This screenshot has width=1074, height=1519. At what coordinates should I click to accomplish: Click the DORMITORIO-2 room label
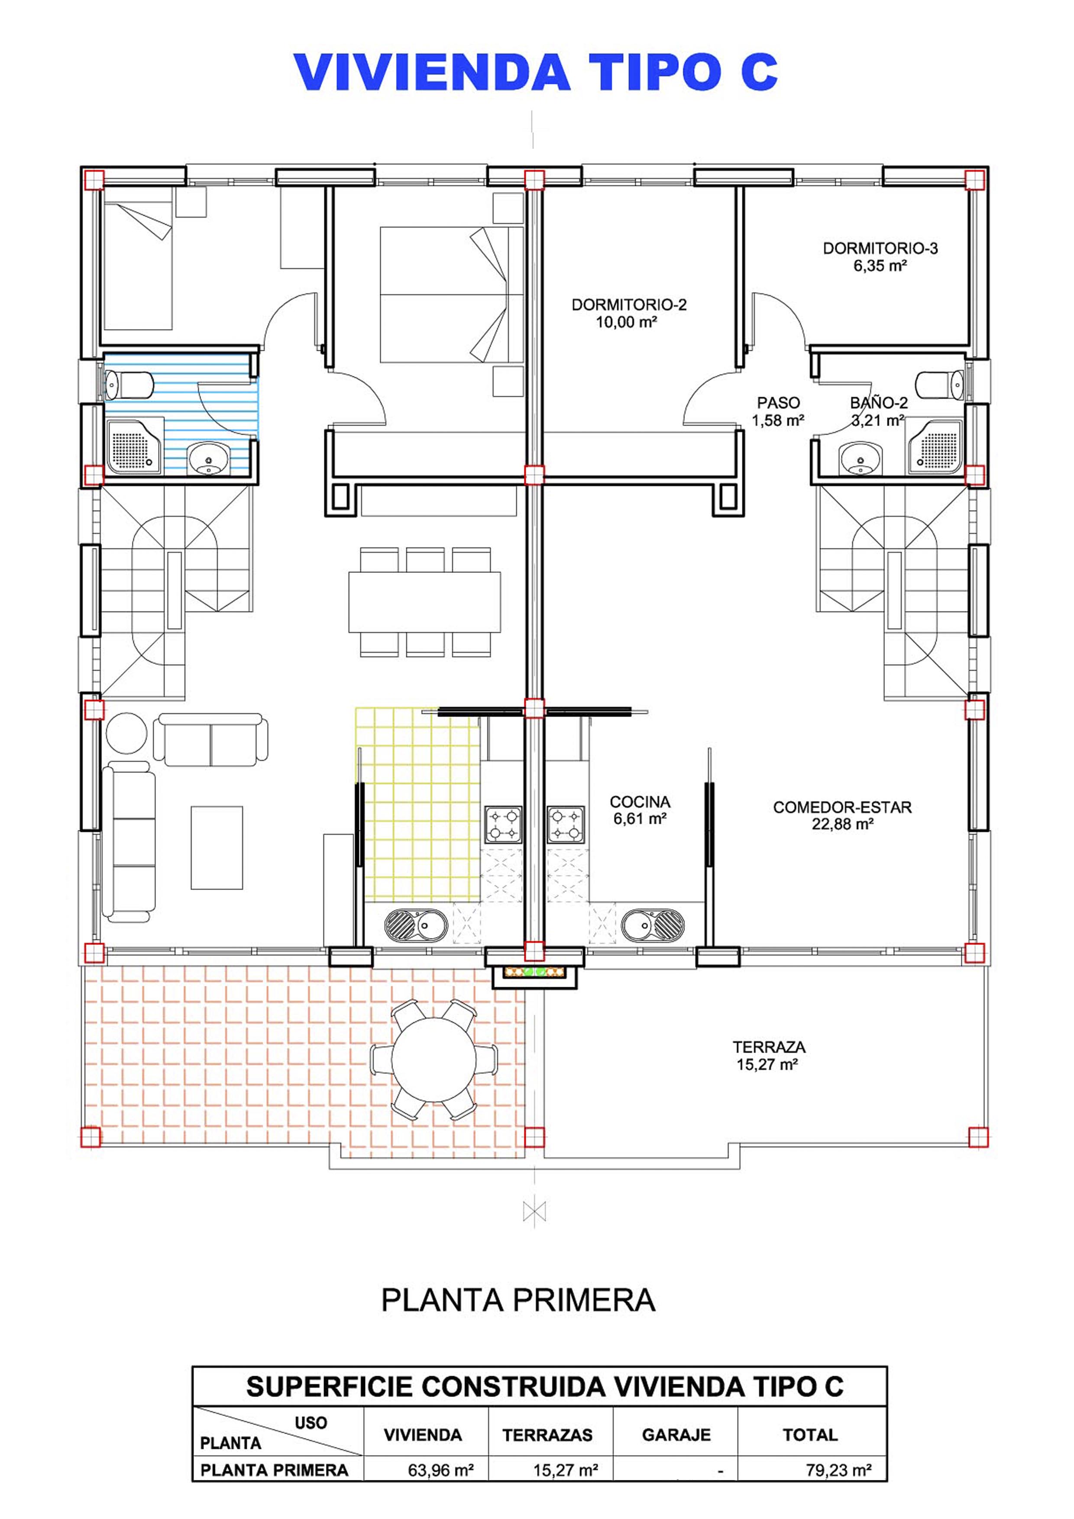629,313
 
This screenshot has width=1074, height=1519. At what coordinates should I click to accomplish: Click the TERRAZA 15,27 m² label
769,1056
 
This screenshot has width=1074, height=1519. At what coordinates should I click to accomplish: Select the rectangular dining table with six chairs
425,602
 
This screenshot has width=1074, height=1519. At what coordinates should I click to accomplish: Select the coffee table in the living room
217,847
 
